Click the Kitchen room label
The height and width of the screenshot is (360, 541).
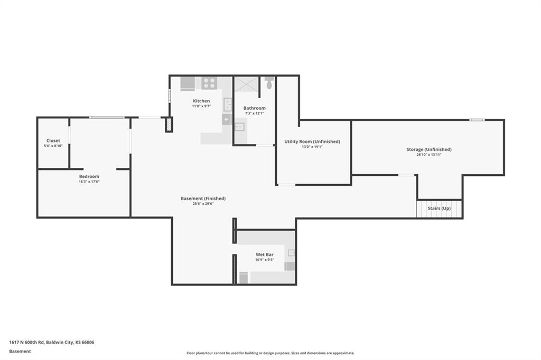click(x=201, y=101)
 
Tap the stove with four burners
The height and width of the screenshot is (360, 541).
click(x=209, y=83)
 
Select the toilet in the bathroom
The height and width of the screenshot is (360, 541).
click(x=269, y=83)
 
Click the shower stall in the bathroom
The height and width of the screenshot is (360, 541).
click(x=246, y=84)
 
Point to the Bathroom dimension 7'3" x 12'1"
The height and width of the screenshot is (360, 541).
click(x=254, y=113)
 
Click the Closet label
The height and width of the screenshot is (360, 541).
click(x=53, y=141)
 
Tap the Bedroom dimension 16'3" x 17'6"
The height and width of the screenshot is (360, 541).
click(x=89, y=182)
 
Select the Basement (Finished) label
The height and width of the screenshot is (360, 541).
click(x=203, y=198)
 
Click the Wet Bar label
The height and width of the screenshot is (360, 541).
click(x=265, y=255)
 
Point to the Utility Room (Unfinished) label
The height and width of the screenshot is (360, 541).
click(x=312, y=141)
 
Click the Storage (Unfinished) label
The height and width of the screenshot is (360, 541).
click(x=429, y=149)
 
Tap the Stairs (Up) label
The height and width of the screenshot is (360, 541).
click(x=439, y=209)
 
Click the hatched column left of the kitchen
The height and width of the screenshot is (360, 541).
click(x=169, y=125)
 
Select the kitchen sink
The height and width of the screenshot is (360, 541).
click(x=227, y=105)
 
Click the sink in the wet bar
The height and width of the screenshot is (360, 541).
click(x=292, y=253)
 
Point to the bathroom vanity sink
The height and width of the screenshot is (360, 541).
click(x=239, y=127)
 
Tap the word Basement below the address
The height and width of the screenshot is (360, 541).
click(x=20, y=352)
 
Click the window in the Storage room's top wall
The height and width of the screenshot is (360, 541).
click(x=477, y=120)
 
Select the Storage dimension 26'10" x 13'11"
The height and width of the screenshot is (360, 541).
click(x=429, y=155)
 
